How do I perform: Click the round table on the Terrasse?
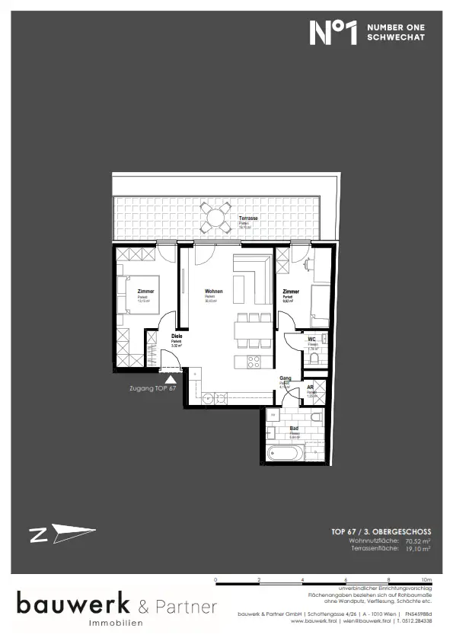[217, 219]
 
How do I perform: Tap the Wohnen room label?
[213, 292]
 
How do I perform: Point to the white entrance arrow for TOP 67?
[170, 375]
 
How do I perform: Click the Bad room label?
[293, 429]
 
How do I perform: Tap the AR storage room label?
[311, 387]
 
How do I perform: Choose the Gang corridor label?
[284, 378]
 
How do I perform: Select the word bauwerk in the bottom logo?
[74, 606]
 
